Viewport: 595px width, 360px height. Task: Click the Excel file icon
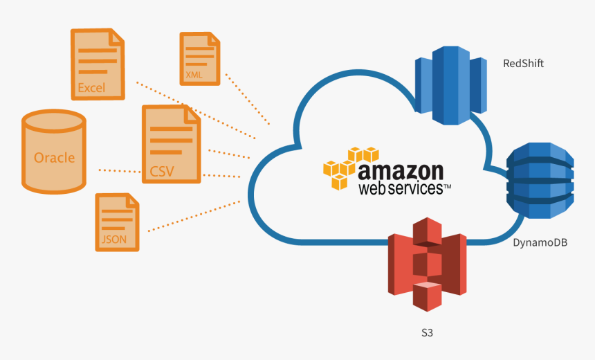[x=98, y=64]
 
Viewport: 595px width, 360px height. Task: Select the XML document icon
[x=199, y=59]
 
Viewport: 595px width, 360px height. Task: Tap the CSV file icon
[x=170, y=144]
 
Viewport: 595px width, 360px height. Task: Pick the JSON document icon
[x=117, y=222]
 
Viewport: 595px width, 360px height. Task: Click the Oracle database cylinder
[x=54, y=150]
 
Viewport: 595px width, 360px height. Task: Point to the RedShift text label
[x=523, y=64]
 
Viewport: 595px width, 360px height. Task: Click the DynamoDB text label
[x=540, y=242]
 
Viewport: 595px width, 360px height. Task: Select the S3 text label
[x=428, y=333]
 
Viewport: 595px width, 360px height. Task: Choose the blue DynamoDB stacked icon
[x=540, y=179]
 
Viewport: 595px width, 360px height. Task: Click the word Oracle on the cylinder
[x=54, y=158]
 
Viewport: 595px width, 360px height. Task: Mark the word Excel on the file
[x=91, y=88]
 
